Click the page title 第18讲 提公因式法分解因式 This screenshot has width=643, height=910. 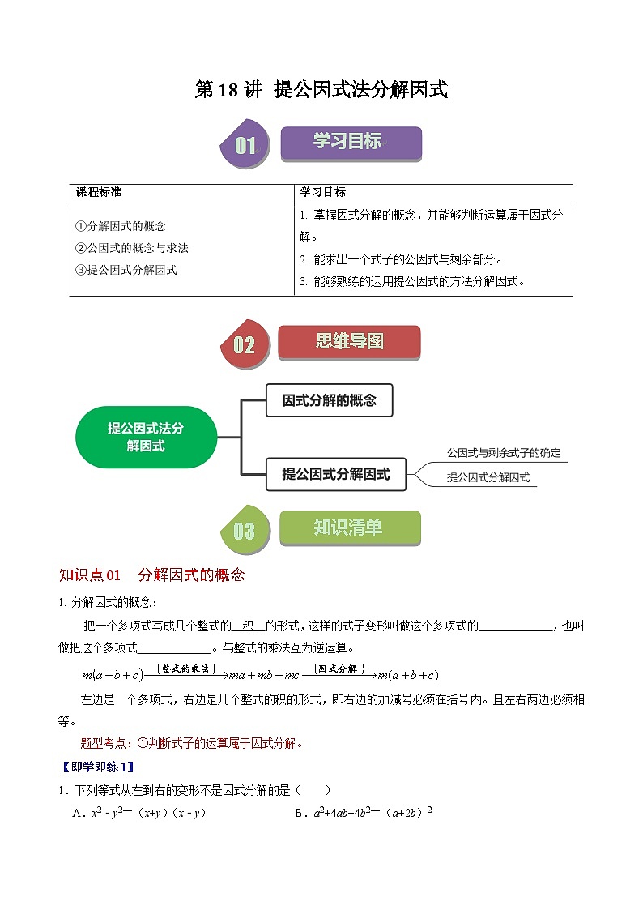tap(321, 90)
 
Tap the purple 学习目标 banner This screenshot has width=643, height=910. tap(351, 143)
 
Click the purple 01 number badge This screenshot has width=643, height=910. tap(245, 146)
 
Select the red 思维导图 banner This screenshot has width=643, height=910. tap(349, 342)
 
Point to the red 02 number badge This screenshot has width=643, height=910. tap(244, 345)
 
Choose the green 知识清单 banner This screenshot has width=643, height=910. tap(349, 528)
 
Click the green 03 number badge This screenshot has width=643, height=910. tap(244, 531)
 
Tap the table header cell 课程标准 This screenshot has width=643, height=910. tap(99, 193)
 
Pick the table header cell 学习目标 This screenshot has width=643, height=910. tap(323, 193)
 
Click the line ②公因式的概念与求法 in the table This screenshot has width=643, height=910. tap(131, 248)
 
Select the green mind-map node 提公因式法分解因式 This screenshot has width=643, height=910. tap(146, 437)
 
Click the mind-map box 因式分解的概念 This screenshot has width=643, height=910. tap(329, 400)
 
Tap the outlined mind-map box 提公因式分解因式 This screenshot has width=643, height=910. tap(335, 474)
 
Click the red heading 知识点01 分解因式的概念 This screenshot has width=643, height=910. tap(151, 575)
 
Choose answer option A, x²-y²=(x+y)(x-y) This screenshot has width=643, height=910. tap(139, 814)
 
